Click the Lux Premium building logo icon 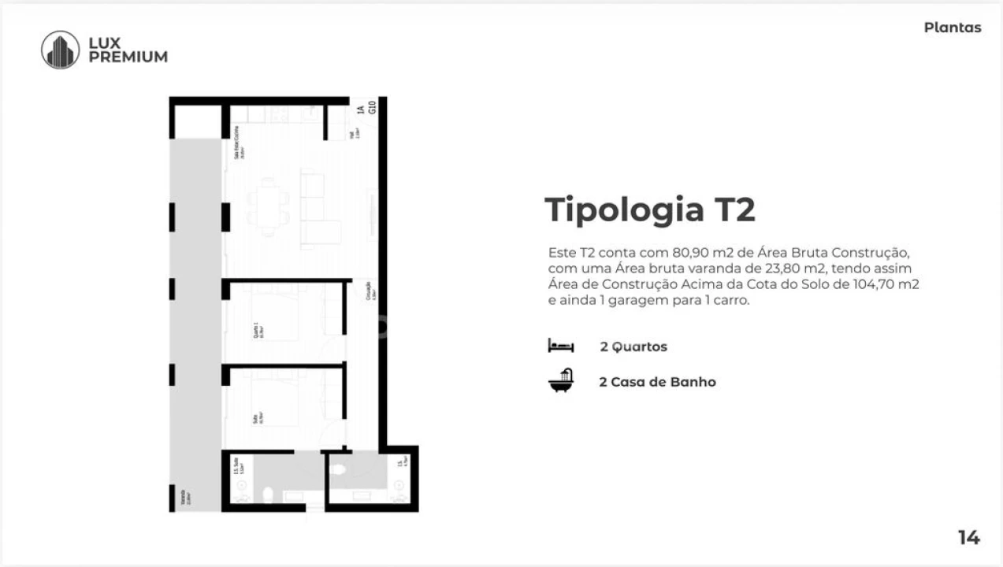pos(60,50)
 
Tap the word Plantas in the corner pos(953,28)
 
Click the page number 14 pos(968,538)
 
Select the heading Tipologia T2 pos(650,210)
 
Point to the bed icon pos(561,346)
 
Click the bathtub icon pos(561,381)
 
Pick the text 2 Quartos pos(633,346)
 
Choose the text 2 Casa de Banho pos(657,382)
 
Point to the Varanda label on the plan pos(183,497)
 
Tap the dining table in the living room pos(269,206)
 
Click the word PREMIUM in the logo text pos(128,57)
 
